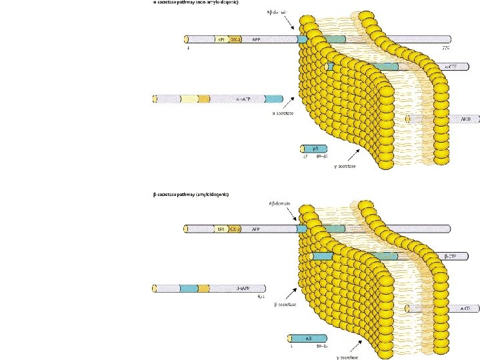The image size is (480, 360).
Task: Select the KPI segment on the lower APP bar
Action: [x=221, y=229]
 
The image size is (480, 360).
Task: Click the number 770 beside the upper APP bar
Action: [x=446, y=49]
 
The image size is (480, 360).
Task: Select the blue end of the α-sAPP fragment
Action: [x=274, y=99]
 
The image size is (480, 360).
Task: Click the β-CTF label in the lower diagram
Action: [x=450, y=256]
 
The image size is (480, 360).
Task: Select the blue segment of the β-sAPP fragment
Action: [x=189, y=288]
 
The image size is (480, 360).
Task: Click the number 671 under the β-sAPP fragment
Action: [x=261, y=297]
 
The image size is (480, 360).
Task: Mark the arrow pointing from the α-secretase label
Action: [x=289, y=103]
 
